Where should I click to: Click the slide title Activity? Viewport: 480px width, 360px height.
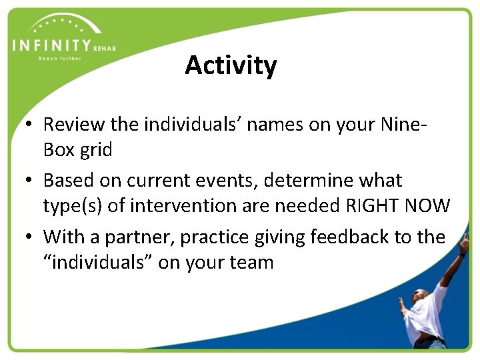[x=231, y=65]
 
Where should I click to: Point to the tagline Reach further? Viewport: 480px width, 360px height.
[x=60, y=59]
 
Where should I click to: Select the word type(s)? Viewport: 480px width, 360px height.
[x=72, y=206]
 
